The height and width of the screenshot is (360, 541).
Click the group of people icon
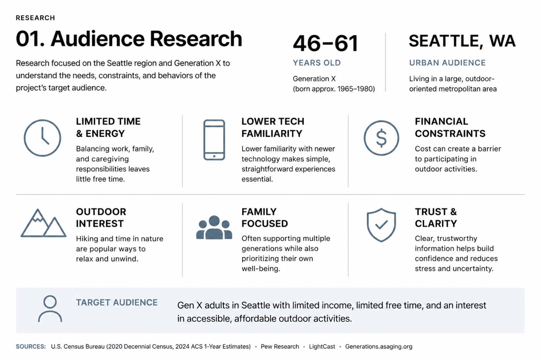pos(214,227)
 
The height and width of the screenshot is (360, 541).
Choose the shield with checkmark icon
pos(381,225)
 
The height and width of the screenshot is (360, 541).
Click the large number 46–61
pos(325,43)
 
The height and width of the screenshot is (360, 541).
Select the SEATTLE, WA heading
pos(462,41)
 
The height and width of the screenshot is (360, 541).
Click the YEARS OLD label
pos(317,63)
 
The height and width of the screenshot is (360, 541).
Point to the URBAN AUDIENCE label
pos(447,63)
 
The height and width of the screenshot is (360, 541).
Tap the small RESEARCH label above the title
pos(35,18)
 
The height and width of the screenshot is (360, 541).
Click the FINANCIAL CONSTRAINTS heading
pos(450,127)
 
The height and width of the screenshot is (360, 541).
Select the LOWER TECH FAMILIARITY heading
pos(273,127)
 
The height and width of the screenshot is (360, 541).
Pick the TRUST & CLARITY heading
pos(436,218)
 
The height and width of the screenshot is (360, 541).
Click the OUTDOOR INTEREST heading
pos(101,218)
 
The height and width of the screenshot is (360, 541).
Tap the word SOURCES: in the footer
pos(31,346)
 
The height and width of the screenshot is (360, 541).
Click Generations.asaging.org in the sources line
pos(379,347)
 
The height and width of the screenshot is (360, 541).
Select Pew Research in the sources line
pos(280,346)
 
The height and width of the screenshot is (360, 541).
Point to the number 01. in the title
pos(30,39)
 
